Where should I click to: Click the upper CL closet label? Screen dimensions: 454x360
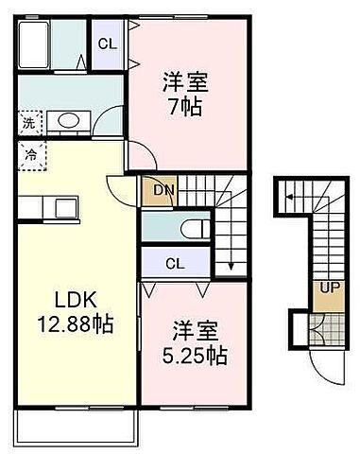[106, 43]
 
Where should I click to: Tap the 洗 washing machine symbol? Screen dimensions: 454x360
[28, 122]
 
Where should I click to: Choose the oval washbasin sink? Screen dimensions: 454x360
[65, 121]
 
